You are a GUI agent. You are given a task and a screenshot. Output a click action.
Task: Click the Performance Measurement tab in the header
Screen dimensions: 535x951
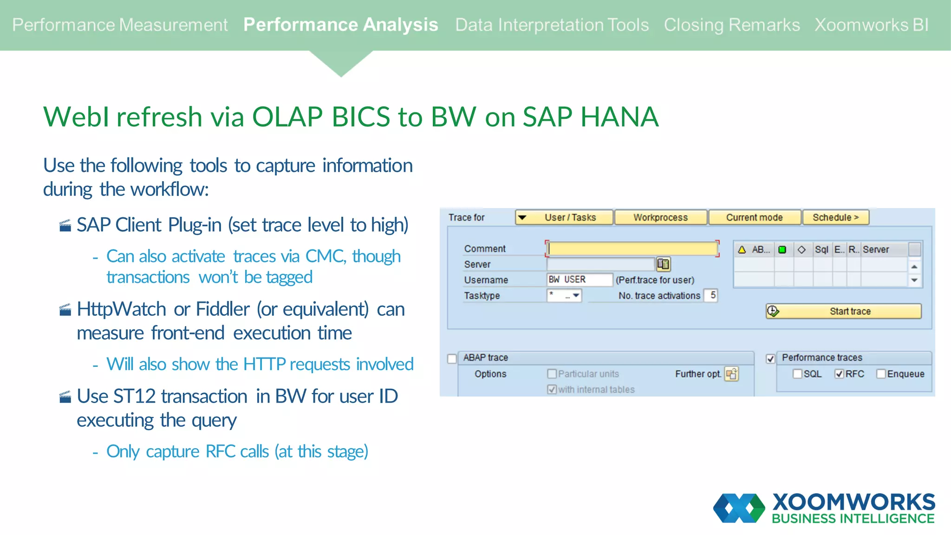(x=120, y=25)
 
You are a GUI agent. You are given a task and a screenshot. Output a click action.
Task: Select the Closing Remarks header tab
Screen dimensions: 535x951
(x=731, y=25)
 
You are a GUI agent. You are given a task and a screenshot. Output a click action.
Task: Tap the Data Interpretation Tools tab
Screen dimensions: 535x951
(x=552, y=25)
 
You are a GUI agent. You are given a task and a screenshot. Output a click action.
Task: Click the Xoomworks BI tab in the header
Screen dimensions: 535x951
(x=871, y=25)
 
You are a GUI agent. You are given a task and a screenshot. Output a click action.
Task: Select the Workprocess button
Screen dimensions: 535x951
(x=660, y=217)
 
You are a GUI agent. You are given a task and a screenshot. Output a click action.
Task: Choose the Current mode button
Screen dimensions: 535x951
(x=754, y=217)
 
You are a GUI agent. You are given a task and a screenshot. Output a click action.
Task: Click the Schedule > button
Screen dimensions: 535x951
(x=835, y=217)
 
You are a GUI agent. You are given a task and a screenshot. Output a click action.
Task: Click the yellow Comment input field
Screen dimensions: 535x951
(x=632, y=249)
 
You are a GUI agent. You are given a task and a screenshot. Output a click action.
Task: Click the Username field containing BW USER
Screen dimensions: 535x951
(x=579, y=280)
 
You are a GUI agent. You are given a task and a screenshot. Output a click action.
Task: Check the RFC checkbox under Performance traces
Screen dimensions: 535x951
(x=839, y=374)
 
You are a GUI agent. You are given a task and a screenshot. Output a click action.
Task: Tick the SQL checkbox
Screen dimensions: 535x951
(x=797, y=374)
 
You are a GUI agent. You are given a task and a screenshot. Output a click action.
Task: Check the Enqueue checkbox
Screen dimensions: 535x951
(x=881, y=374)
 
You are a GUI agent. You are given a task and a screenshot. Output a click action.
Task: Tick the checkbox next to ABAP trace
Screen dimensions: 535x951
(x=452, y=359)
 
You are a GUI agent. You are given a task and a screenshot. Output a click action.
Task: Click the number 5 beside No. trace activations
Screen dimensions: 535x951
(x=712, y=295)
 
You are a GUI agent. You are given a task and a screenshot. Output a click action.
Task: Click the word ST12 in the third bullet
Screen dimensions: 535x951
(x=134, y=397)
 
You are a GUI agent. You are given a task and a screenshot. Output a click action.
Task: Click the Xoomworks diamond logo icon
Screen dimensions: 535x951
(x=739, y=508)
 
